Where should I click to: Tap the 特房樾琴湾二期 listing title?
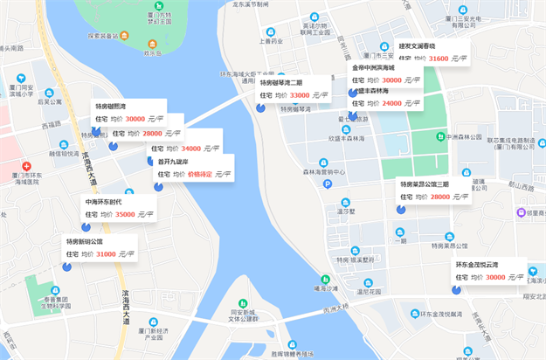(281, 82)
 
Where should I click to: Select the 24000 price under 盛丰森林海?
(391, 103)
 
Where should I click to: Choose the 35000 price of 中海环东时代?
(125, 214)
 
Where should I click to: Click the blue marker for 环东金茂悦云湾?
(456, 289)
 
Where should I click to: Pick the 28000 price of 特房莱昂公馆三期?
(439, 197)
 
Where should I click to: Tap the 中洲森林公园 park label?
(463, 136)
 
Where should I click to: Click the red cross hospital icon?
(27, 166)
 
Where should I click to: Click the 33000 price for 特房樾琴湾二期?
(300, 95)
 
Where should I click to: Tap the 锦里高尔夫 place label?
(523, 212)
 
